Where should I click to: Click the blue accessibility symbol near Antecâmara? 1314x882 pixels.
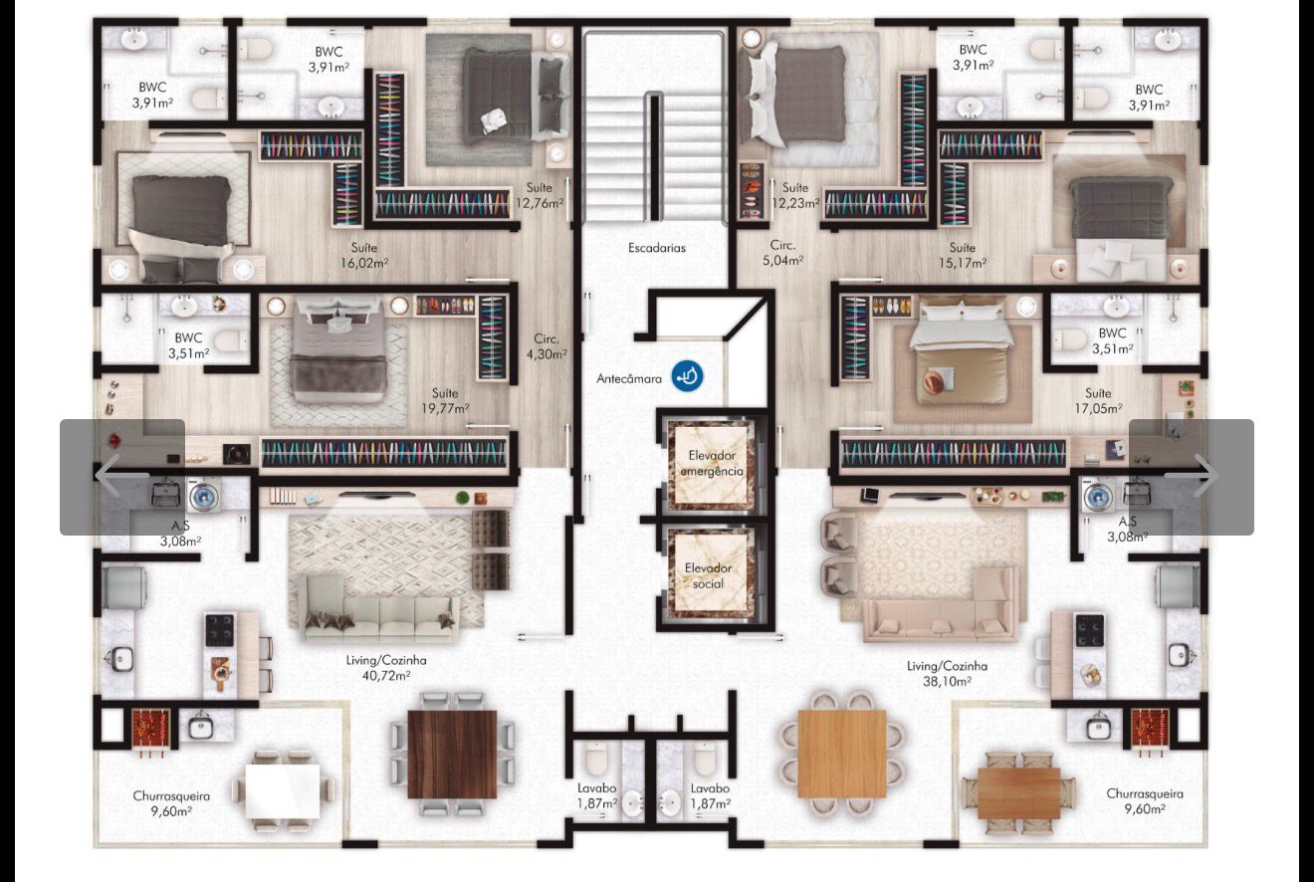click(x=687, y=376)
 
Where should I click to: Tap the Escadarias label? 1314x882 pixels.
click(x=656, y=248)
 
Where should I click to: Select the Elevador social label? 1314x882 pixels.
click(x=708, y=575)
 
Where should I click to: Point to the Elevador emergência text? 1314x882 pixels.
click(x=712, y=463)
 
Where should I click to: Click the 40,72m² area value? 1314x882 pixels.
click(x=386, y=676)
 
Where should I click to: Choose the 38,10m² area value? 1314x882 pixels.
click(x=947, y=682)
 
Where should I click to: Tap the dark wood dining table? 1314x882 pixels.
click(x=452, y=754)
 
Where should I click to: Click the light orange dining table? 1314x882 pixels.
click(x=842, y=754)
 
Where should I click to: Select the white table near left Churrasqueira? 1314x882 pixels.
click(x=283, y=791)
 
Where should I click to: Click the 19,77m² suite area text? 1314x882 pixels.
click(x=445, y=409)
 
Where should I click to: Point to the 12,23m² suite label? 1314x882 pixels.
click(x=795, y=203)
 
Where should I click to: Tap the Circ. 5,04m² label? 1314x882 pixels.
click(x=782, y=253)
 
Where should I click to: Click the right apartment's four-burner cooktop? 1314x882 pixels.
click(x=1089, y=630)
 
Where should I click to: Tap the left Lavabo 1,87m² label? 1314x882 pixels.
click(x=596, y=796)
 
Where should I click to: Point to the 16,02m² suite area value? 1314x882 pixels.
click(x=363, y=264)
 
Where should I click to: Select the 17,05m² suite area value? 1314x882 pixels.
click(x=1098, y=409)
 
